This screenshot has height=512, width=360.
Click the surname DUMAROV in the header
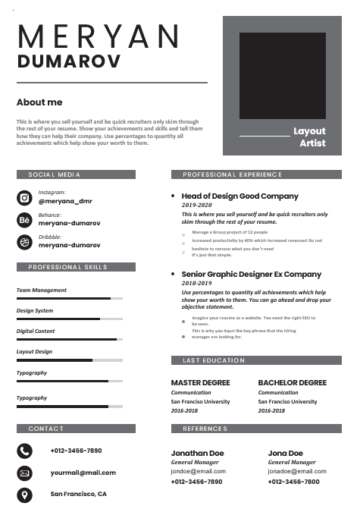pyautogui.click(x=68, y=61)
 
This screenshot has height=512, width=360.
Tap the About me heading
pyautogui.click(x=39, y=102)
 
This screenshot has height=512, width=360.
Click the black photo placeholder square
pyautogui.click(x=283, y=74)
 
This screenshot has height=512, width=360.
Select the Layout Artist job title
pyautogui.click(x=309, y=137)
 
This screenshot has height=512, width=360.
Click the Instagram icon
pyautogui.click(x=24, y=198)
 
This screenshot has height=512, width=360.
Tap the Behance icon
pyautogui.click(x=24, y=220)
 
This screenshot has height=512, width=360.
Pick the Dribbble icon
pyautogui.click(x=24, y=242)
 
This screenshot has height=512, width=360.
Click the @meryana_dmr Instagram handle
pyautogui.click(x=65, y=201)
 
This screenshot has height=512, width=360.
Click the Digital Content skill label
pyautogui.click(x=36, y=331)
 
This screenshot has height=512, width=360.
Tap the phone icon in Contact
pyautogui.click(x=24, y=451)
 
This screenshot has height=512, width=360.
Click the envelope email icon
pyautogui.click(x=24, y=473)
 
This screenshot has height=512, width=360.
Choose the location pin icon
pyautogui.click(x=24, y=495)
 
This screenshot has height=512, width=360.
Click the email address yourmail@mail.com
pyautogui.click(x=83, y=473)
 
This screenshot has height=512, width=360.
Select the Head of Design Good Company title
pyautogui.click(x=240, y=196)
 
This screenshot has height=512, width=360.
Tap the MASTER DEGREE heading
pyautogui.click(x=200, y=382)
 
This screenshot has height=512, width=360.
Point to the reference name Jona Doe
pyautogui.click(x=285, y=453)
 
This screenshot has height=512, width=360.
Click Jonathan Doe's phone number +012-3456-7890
pyautogui.click(x=197, y=482)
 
